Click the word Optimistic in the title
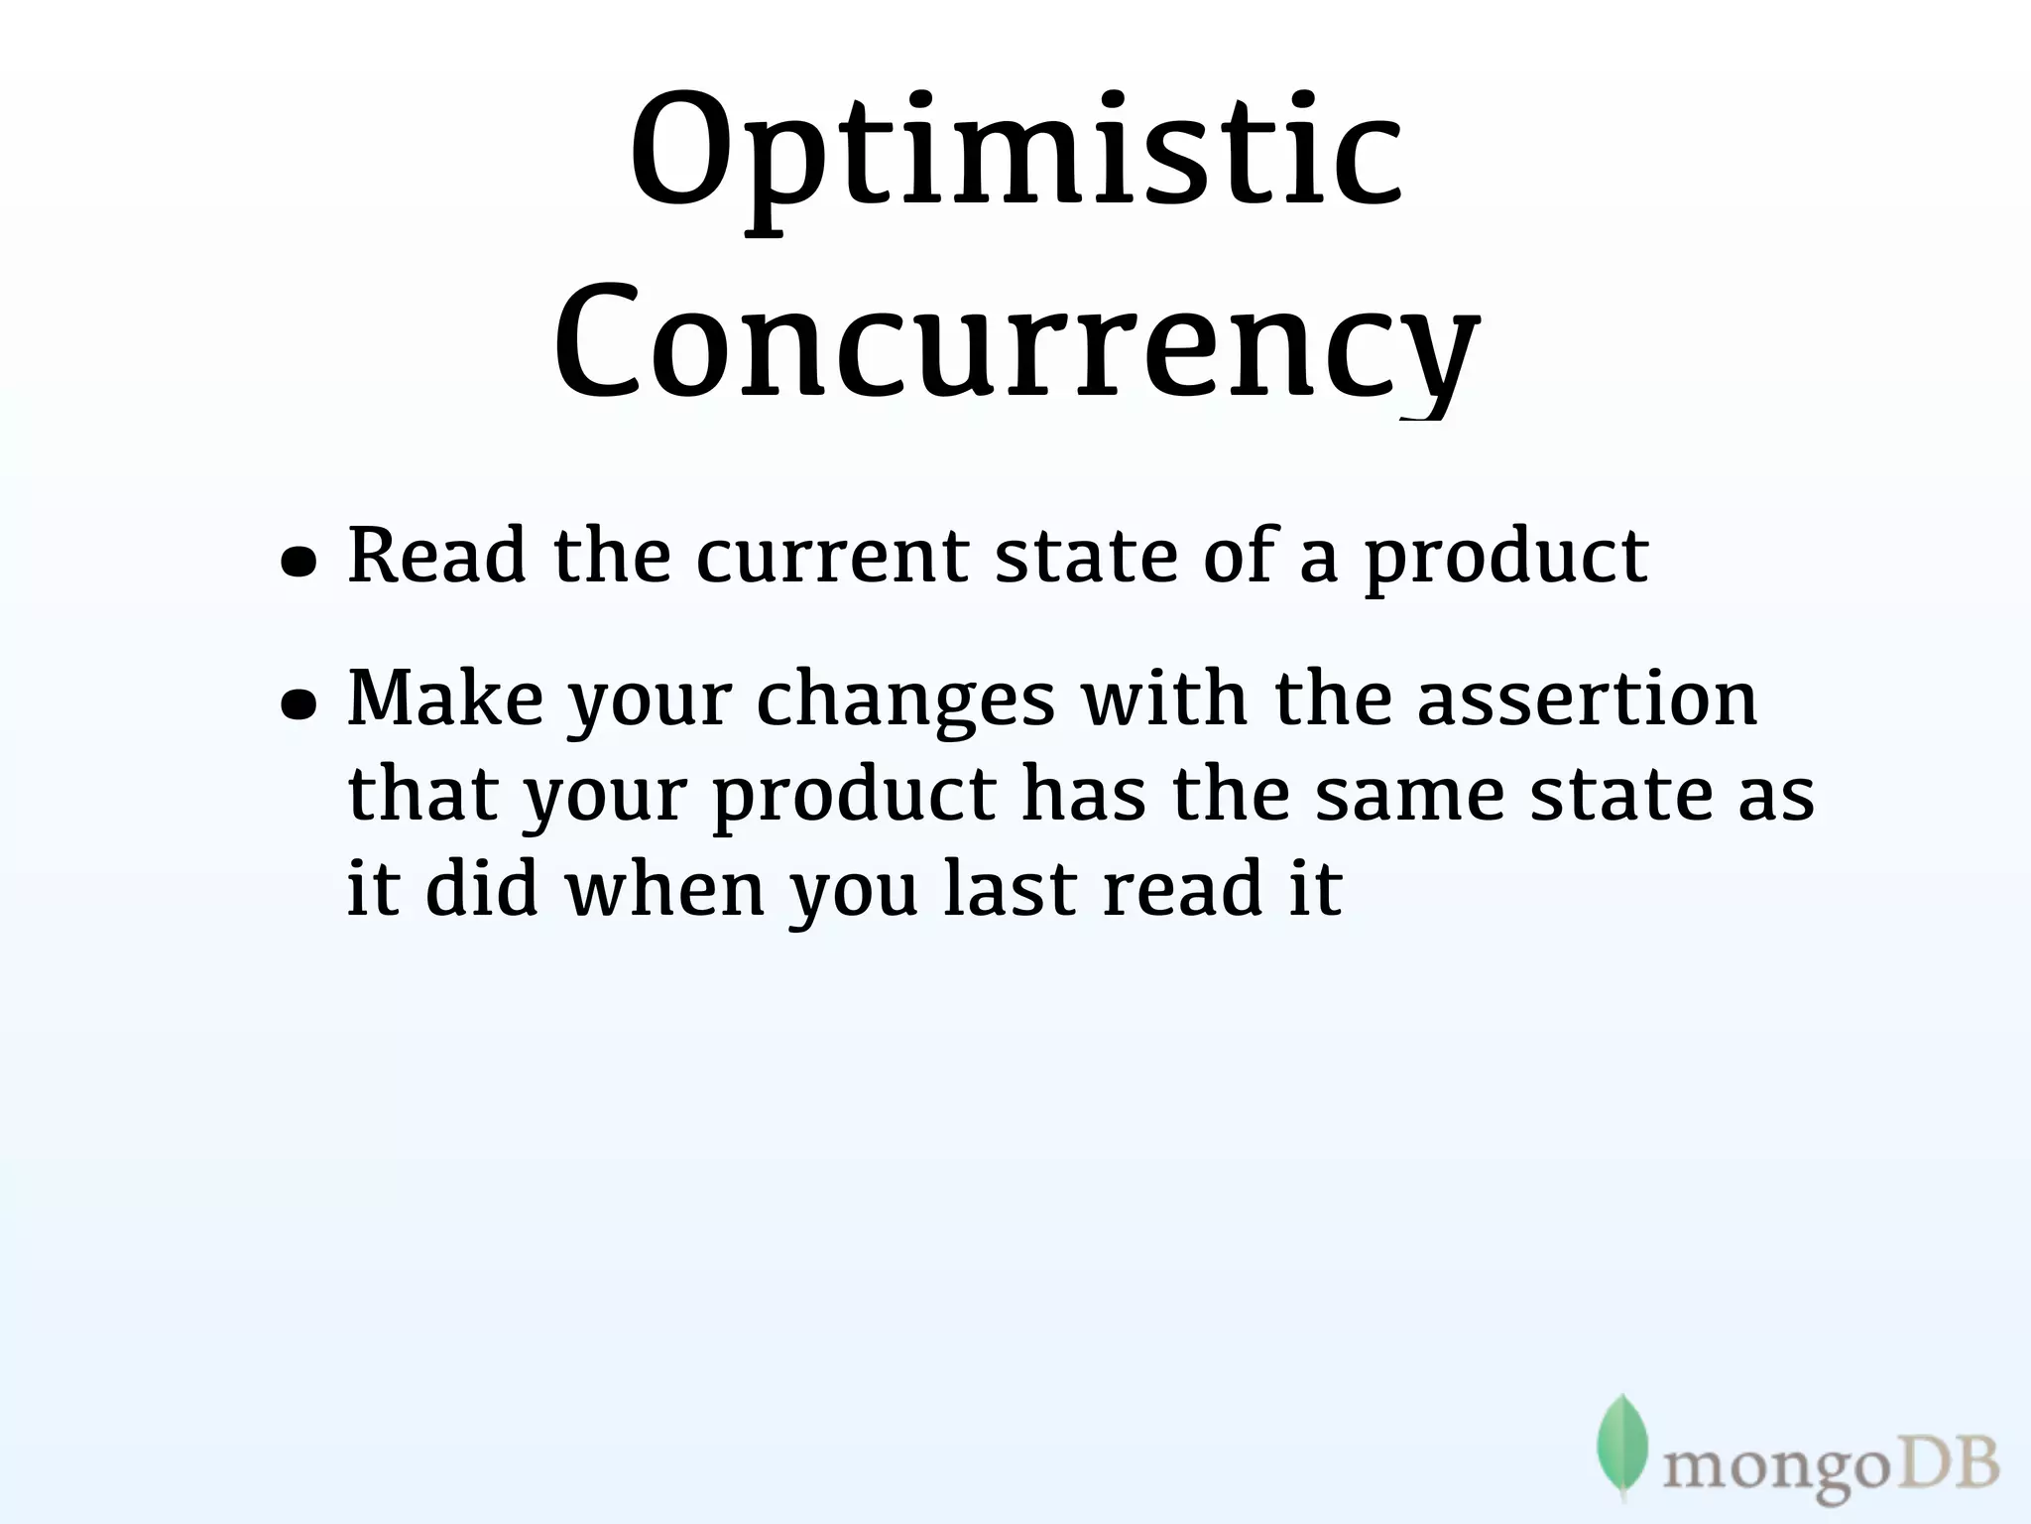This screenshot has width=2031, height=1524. [x=1015, y=159]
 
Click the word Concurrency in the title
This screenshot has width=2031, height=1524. [x=1015, y=342]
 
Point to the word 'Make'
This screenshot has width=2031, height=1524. [x=445, y=698]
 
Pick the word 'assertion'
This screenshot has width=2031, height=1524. [x=1587, y=698]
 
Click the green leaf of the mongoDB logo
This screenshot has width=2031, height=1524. [x=1621, y=1445]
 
